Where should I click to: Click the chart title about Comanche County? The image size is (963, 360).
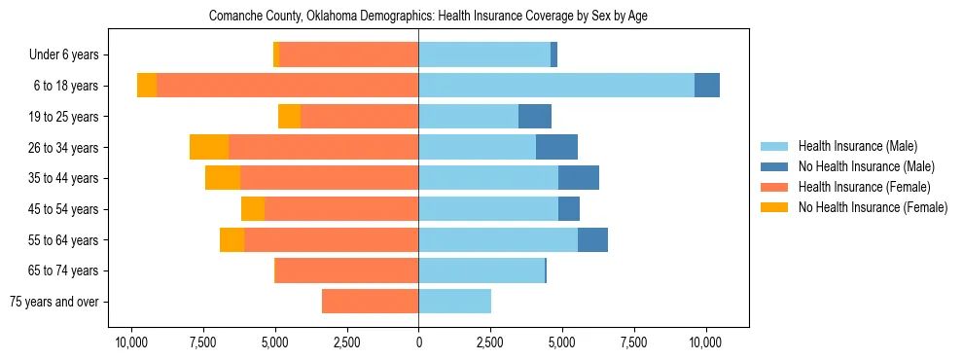(428, 17)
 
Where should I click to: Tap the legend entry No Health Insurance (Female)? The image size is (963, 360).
(873, 207)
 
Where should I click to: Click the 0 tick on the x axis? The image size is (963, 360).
(418, 342)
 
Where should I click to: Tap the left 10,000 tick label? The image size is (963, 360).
(131, 342)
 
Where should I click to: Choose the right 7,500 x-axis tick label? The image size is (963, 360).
(633, 342)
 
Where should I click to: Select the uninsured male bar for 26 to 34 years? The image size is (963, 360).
(556, 147)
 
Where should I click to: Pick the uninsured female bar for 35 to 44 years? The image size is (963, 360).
(223, 178)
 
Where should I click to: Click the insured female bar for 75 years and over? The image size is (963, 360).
(370, 302)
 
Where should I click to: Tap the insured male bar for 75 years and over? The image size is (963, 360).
(454, 302)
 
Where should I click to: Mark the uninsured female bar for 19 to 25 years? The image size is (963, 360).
(289, 117)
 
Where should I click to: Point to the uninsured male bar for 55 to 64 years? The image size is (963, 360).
(592, 239)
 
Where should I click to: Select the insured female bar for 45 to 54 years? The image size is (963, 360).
(341, 209)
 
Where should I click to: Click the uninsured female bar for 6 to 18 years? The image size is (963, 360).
(147, 86)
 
